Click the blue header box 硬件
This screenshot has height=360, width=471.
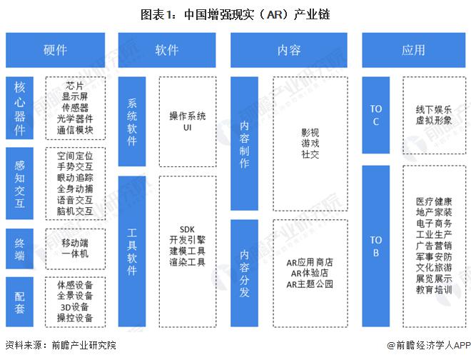tap(55, 50)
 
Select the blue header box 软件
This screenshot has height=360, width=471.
tap(167, 50)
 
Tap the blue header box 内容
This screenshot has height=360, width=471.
tap(288, 50)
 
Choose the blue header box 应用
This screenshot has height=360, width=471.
tap(412, 50)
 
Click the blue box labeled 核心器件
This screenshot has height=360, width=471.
tap(20, 108)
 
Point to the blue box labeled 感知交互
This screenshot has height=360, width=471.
tap(20, 184)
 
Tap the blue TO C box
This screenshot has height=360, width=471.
tap(376, 115)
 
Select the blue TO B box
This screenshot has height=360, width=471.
tap(376, 246)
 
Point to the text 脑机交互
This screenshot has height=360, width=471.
tap(75, 211)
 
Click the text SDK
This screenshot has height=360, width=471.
tap(188, 228)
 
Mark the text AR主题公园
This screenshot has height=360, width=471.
tap(310, 284)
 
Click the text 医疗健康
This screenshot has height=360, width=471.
tap(434, 201)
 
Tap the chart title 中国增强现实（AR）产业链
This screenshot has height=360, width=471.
tap(254, 14)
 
